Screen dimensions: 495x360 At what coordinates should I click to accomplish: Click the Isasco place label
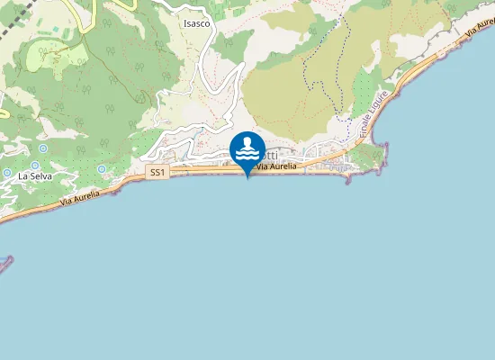coord(196,23)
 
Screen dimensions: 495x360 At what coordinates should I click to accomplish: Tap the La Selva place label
coord(34,176)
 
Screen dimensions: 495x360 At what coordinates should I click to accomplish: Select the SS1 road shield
coord(157,172)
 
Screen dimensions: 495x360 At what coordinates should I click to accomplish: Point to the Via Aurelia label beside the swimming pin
coord(276,167)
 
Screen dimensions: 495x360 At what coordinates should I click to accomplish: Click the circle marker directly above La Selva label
coord(35,166)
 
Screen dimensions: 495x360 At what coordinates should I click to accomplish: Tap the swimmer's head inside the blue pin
coord(247,142)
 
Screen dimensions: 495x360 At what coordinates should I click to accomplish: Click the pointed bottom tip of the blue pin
coord(247,177)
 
